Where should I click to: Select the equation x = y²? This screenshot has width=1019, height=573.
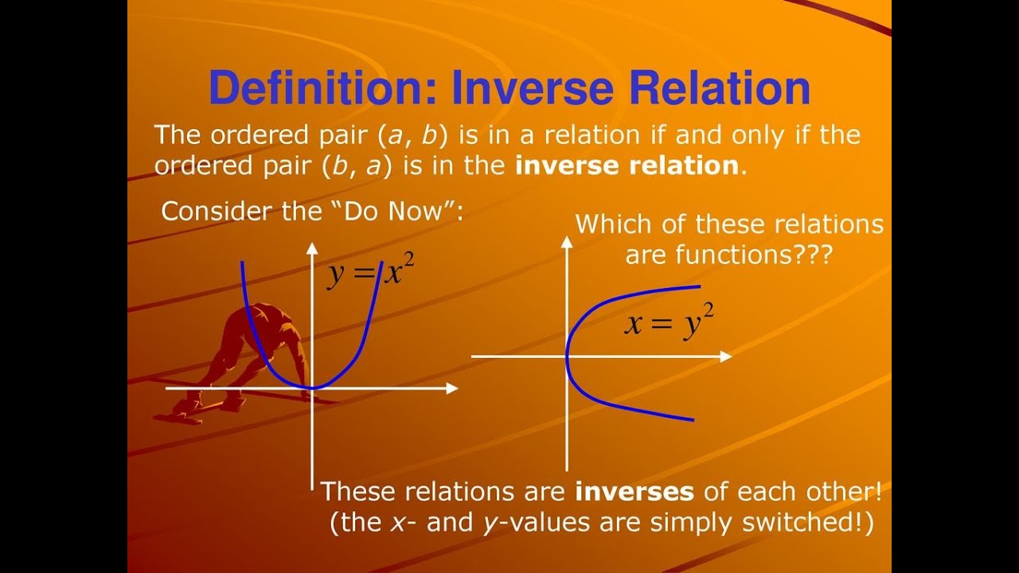669,323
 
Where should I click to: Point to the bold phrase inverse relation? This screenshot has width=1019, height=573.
627,166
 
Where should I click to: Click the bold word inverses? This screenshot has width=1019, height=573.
634,491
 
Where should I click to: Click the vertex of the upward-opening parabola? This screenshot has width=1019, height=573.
312,388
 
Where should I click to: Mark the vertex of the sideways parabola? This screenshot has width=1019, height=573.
567,357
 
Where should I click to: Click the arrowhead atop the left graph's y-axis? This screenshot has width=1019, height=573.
312,246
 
